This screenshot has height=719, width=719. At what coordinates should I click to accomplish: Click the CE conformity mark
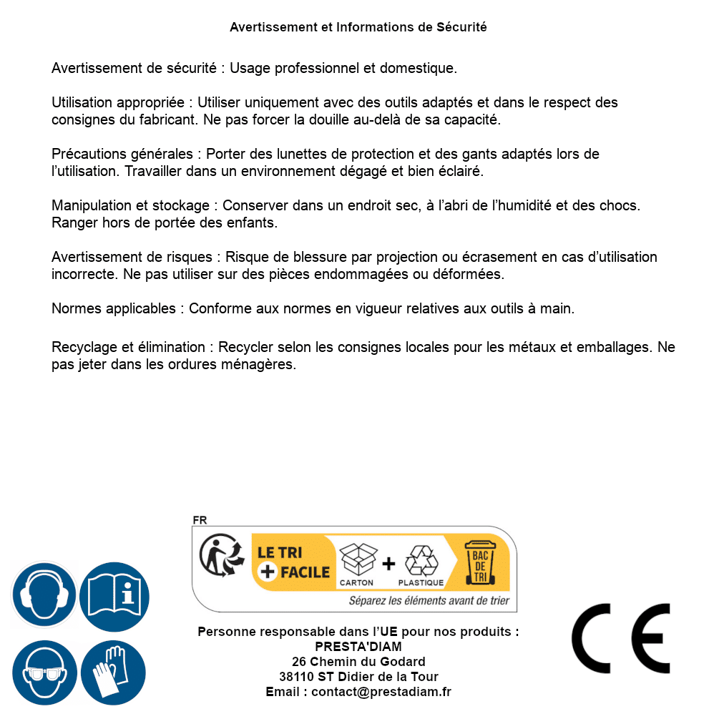click(x=620, y=638)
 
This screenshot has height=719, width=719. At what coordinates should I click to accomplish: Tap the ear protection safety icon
click(x=44, y=595)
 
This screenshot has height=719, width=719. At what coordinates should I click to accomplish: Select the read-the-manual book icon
click(x=114, y=595)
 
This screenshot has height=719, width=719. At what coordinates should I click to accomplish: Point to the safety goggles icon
click(x=44, y=672)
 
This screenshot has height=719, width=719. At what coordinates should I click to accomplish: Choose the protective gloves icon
click(x=114, y=672)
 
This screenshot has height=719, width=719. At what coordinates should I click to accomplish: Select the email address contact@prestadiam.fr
click(x=381, y=692)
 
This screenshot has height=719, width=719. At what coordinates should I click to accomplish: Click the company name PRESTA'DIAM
click(x=358, y=647)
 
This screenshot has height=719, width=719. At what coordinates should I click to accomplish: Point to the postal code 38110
click(x=296, y=677)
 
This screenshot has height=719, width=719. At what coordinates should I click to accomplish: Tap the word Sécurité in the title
click(x=461, y=27)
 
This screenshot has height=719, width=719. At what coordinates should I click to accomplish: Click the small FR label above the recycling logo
click(x=200, y=520)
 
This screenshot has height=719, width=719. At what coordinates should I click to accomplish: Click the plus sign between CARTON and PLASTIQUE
click(x=388, y=564)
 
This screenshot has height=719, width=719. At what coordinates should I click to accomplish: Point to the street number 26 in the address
click(x=299, y=662)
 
